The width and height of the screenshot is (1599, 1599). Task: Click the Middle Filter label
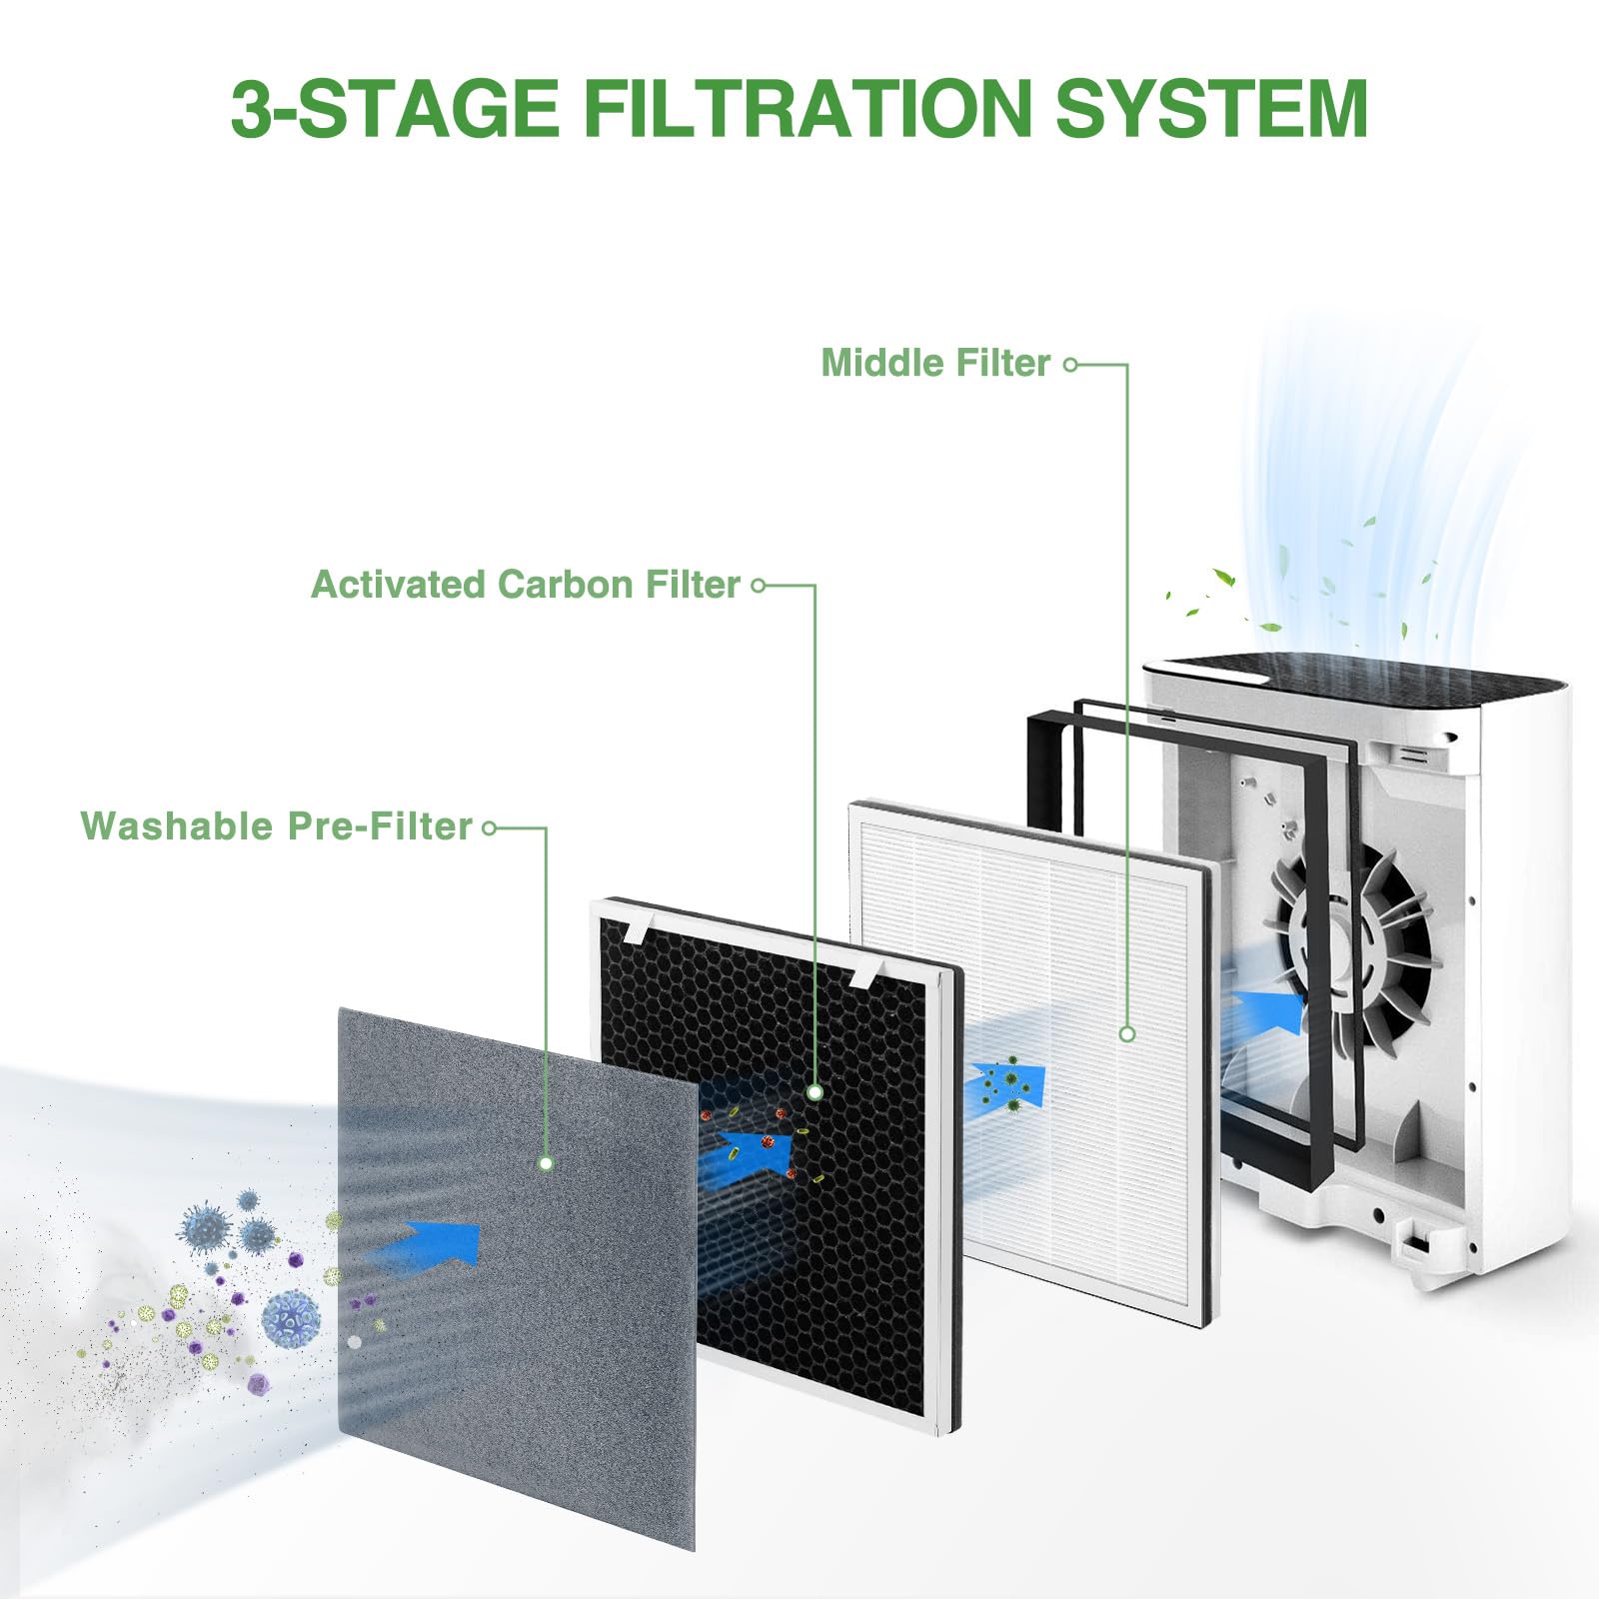[935, 363]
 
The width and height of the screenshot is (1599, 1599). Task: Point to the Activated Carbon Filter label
[526, 585]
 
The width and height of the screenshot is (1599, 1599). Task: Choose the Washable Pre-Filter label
[276, 826]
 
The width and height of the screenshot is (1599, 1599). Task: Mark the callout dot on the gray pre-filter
[546, 1163]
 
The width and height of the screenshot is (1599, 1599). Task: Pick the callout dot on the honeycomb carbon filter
[814, 1092]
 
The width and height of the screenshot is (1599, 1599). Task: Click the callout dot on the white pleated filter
[1127, 1034]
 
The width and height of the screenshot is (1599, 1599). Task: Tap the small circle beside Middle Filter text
[1070, 365]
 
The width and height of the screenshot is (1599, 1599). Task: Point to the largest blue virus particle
[291, 1318]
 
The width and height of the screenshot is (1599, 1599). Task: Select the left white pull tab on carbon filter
[636, 930]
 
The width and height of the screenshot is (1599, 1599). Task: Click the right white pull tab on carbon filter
[865, 975]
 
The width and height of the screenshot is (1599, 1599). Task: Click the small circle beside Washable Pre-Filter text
[489, 828]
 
